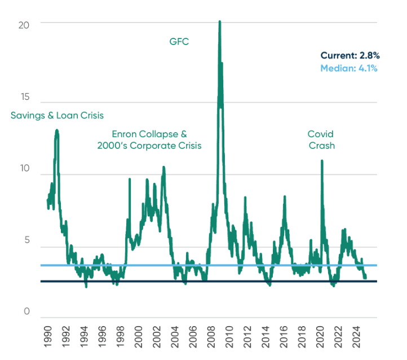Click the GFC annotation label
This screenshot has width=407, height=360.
click(x=179, y=41)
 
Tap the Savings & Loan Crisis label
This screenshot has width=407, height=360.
click(x=57, y=116)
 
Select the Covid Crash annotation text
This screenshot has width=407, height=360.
click(x=321, y=139)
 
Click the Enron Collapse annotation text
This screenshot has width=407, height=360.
click(x=149, y=139)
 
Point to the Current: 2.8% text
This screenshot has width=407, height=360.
click(x=350, y=55)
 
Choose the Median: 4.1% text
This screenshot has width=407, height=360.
click(x=349, y=68)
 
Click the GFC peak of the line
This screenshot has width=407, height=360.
click(x=219, y=22)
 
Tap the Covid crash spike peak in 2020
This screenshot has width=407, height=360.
click(x=322, y=161)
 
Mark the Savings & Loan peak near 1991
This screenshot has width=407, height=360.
click(x=56, y=130)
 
